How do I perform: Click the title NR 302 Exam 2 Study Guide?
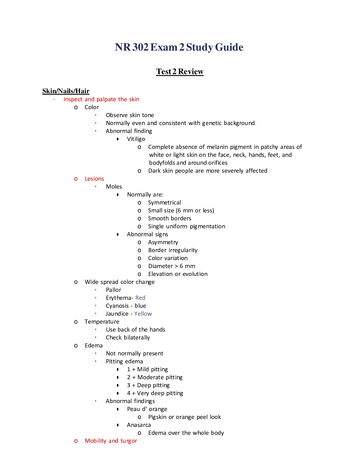click(x=179, y=47)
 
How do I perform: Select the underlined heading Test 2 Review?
click(x=180, y=71)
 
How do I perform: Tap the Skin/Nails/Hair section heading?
click(x=66, y=91)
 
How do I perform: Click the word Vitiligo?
click(x=136, y=139)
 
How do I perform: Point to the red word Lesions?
click(x=94, y=179)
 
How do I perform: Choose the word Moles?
click(x=114, y=187)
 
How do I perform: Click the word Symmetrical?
click(x=164, y=203)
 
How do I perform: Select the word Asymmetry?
click(x=163, y=242)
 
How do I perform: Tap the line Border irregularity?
click(x=173, y=250)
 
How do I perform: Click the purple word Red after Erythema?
click(x=140, y=298)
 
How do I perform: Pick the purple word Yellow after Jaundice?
click(x=143, y=314)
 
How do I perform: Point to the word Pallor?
click(x=114, y=290)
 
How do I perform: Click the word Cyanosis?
click(x=117, y=306)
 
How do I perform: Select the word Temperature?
click(x=102, y=322)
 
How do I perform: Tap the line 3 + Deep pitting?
click(x=148, y=385)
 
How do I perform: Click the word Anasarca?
click(x=139, y=425)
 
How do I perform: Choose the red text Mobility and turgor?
click(x=111, y=441)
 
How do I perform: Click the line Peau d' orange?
click(x=147, y=409)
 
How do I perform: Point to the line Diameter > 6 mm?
click(x=172, y=266)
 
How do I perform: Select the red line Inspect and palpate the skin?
click(x=101, y=99)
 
